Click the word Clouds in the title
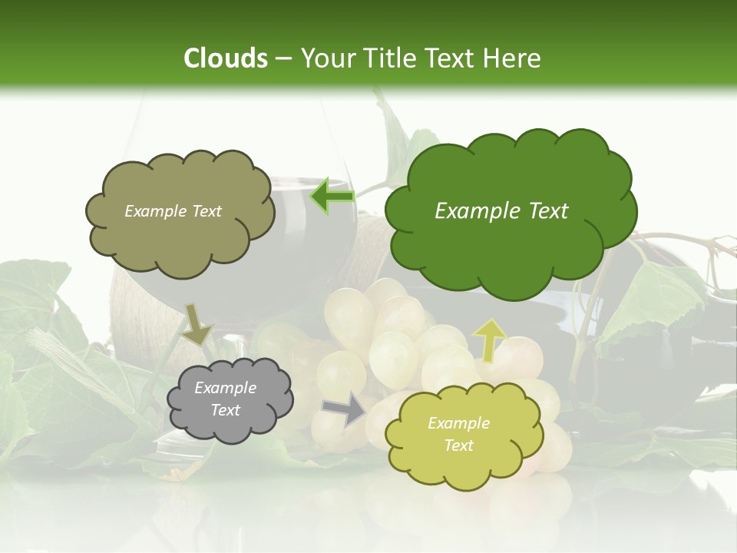225,58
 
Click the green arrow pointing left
332,197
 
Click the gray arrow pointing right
345,409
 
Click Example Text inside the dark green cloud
501,211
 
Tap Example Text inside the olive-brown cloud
173,211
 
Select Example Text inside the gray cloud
225,399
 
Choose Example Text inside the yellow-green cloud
458,434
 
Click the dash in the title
283,58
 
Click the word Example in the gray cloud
225,389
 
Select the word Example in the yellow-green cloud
458,423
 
